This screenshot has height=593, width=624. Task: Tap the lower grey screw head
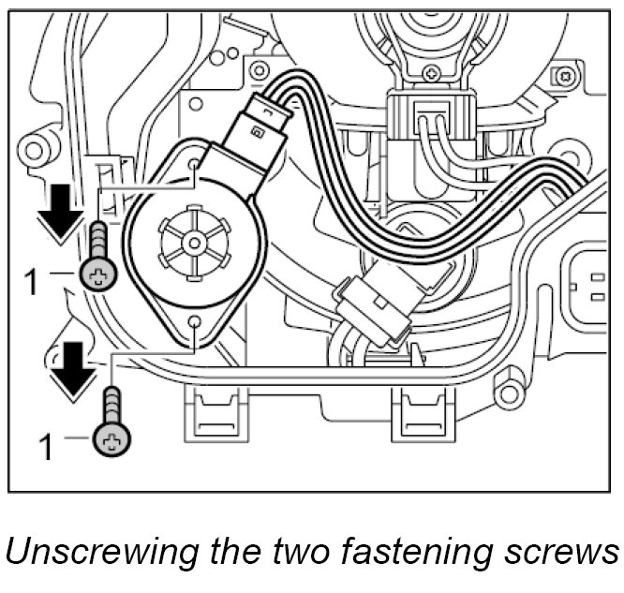[x=111, y=438]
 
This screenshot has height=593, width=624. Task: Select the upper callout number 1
[x=31, y=279]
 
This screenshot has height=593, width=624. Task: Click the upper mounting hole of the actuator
[x=193, y=165]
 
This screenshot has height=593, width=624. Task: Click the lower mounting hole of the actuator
[x=194, y=323]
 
